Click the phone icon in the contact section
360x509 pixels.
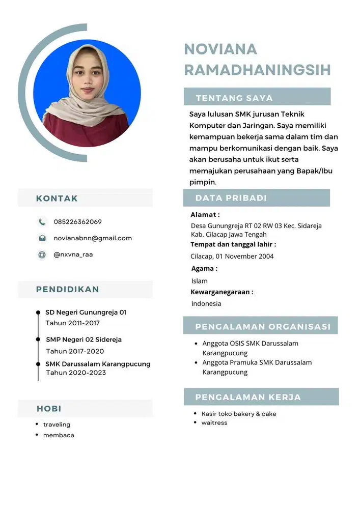point(42,222)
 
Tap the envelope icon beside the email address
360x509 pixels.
point(42,238)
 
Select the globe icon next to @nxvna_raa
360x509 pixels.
point(42,254)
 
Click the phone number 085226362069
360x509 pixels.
point(77,222)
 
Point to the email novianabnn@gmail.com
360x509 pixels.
point(93,238)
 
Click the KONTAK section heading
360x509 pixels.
point(57,199)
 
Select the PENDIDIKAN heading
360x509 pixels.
point(67,290)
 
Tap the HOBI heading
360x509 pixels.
point(49,409)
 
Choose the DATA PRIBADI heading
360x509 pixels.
point(231,198)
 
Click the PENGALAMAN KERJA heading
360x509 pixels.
point(248,397)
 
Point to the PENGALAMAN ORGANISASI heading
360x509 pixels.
point(263,327)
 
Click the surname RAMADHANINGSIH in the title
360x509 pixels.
point(257,70)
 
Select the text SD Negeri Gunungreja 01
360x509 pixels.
point(86,312)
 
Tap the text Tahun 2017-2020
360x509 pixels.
point(75,351)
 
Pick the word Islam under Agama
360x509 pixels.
point(200,281)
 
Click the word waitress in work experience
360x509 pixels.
point(214,423)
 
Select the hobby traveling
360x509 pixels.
point(57,425)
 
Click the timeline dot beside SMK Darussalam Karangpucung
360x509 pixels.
point(38,364)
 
